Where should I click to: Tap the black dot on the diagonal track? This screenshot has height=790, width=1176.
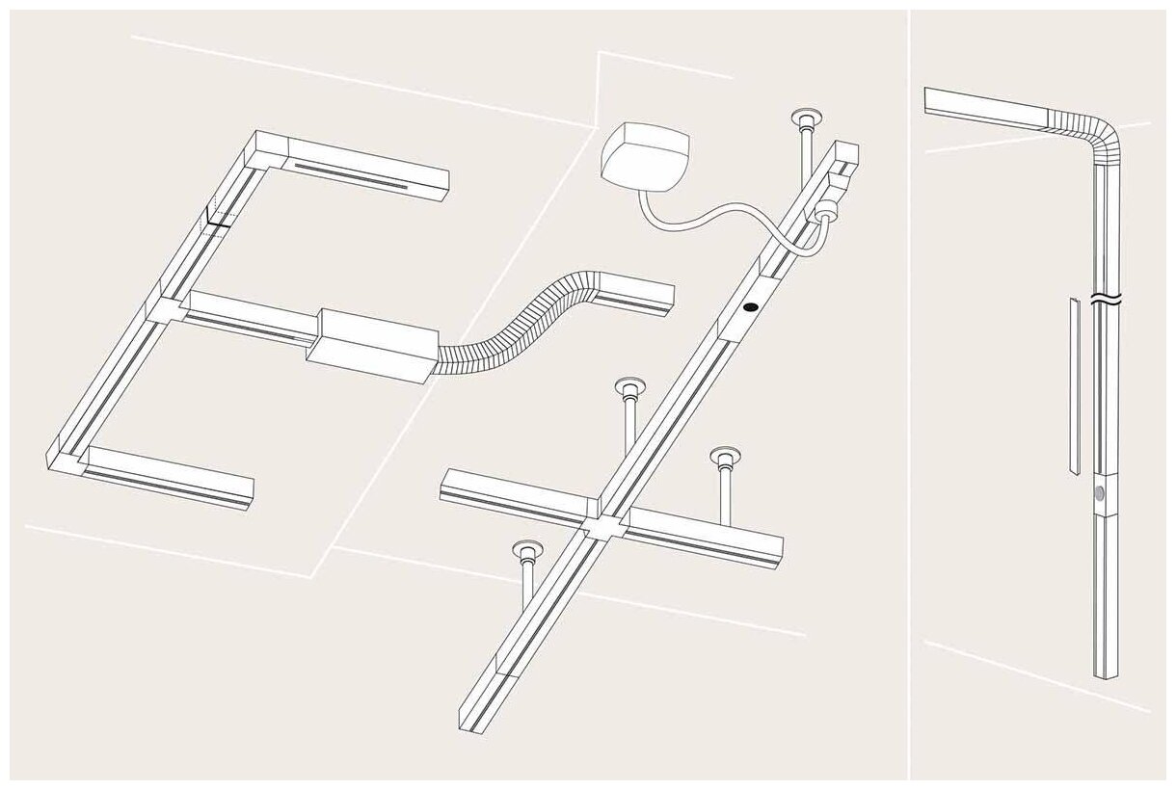[750, 307]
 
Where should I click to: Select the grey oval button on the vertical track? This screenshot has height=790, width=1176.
[1101, 493]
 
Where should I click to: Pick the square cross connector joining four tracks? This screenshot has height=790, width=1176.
[603, 526]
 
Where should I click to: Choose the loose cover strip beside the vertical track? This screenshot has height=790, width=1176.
[1074, 385]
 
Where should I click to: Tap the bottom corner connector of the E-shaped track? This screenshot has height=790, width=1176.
[68, 461]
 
